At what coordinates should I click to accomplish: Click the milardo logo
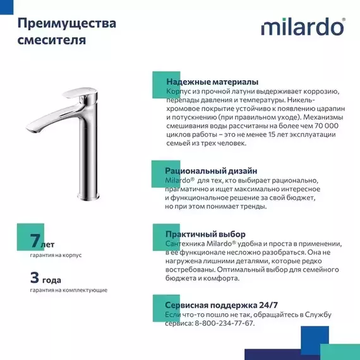click(x=303, y=28)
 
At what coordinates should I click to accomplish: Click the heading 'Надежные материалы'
click(x=212, y=82)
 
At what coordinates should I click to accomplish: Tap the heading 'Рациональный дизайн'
click(x=211, y=171)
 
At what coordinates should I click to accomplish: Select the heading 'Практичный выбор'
click(x=205, y=234)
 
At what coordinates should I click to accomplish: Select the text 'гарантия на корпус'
click(x=56, y=255)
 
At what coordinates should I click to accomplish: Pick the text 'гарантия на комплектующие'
click(x=68, y=290)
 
